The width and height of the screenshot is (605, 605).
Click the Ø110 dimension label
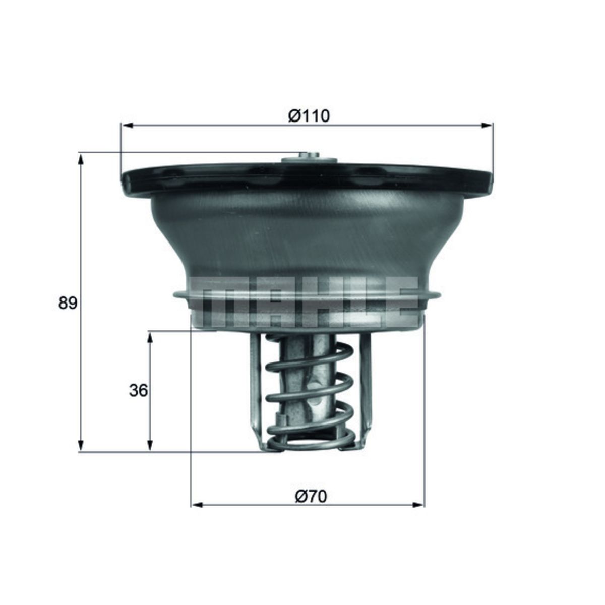point(309,115)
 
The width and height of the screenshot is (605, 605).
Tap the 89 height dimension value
point(67,303)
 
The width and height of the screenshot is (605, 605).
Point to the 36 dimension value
point(139,390)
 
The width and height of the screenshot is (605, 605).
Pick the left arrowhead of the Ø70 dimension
point(197,505)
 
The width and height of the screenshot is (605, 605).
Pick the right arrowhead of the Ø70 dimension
point(419,505)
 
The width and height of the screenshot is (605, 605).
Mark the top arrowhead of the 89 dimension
point(80,159)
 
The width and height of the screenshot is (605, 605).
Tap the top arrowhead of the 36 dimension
point(149,337)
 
